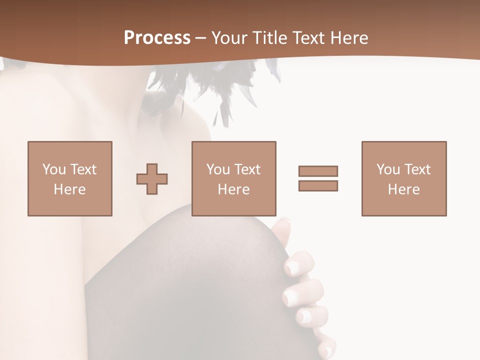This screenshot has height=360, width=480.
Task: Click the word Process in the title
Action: [x=157, y=38]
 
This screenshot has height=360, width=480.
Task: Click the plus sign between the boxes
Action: [x=152, y=178]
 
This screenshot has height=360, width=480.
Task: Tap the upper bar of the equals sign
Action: [x=318, y=171]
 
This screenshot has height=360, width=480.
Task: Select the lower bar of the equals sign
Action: [x=318, y=186]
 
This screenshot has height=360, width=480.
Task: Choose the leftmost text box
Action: [x=70, y=178]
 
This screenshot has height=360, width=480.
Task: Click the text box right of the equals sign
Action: [x=404, y=178]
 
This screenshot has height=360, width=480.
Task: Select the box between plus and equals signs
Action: [x=234, y=178]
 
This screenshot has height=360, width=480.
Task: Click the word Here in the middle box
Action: [x=234, y=189]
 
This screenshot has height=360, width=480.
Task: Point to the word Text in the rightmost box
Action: [x=417, y=169]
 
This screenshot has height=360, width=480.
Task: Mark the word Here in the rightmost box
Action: [x=404, y=189]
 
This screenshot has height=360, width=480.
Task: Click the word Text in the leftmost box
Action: [x=83, y=169]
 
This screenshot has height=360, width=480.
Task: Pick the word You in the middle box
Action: [x=218, y=169]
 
